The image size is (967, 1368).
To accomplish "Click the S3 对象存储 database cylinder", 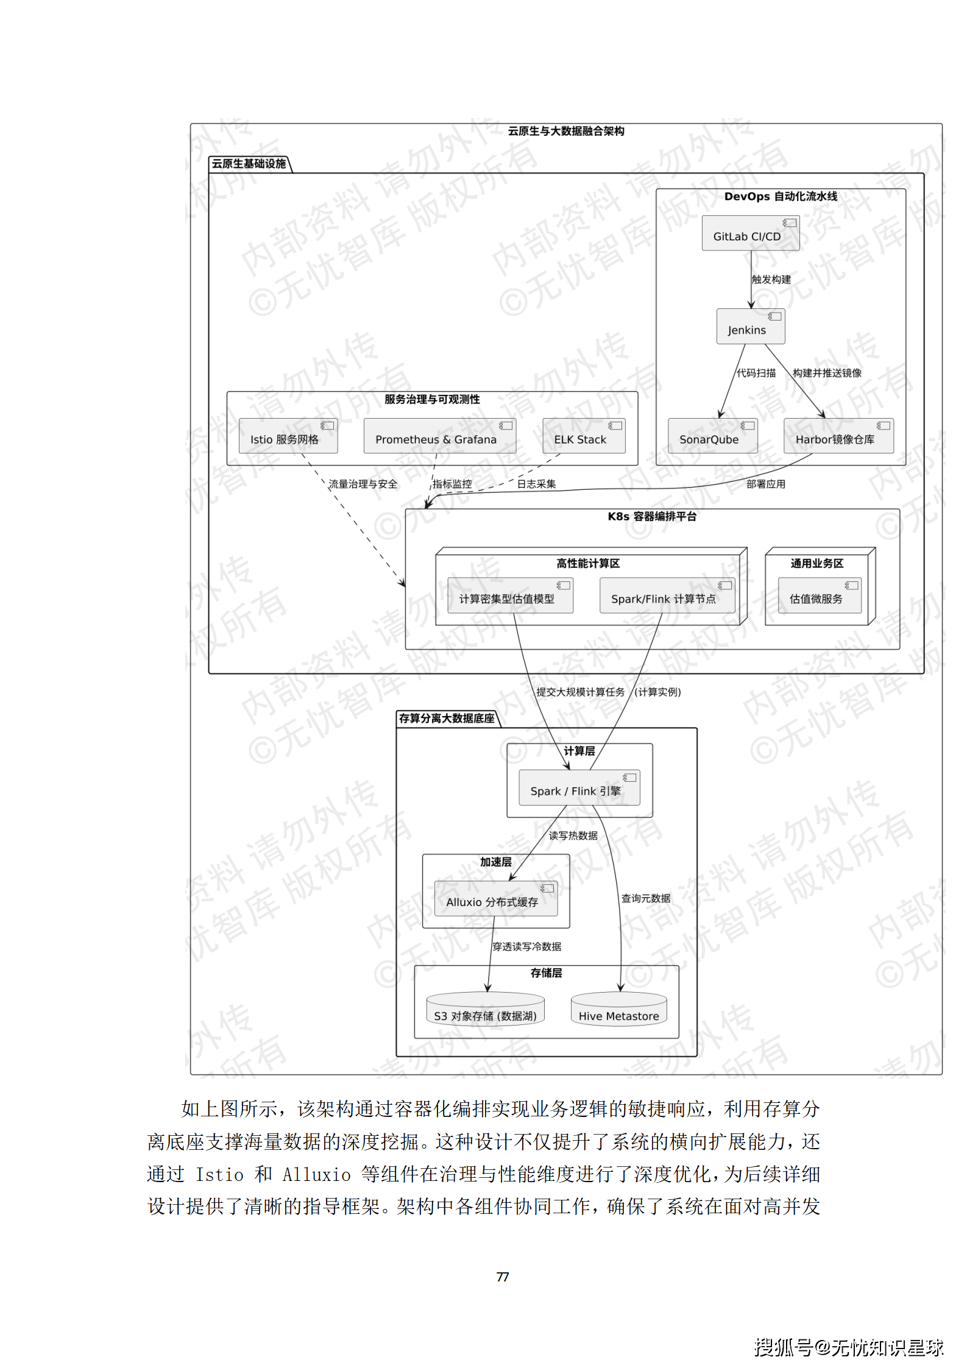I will pyautogui.click(x=485, y=1010).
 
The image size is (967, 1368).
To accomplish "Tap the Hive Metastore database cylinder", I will pyautogui.click(x=618, y=1010).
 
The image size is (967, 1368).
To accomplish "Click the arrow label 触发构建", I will pyautogui.click(x=771, y=279).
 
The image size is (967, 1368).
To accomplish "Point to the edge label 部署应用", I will pyautogui.click(x=765, y=484).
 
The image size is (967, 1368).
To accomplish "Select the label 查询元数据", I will pyautogui.click(x=645, y=898).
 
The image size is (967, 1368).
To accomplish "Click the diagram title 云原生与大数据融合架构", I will pyautogui.click(x=565, y=131).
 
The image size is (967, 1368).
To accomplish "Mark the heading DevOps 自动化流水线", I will pyautogui.click(x=780, y=196).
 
